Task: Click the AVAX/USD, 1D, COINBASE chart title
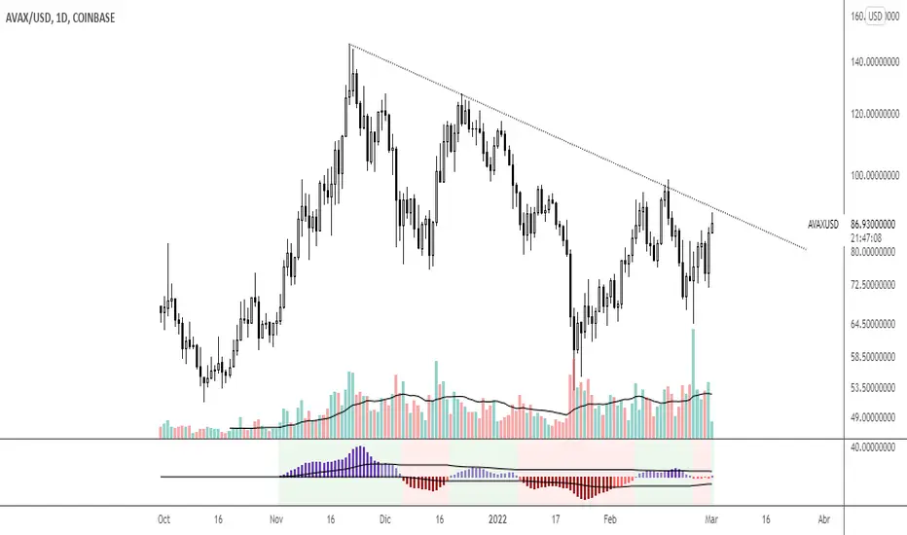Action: pyautogui.click(x=61, y=17)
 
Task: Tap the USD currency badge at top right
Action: pyautogui.click(x=875, y=17)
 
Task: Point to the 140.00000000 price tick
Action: pyautogui.click(x=874, y=62)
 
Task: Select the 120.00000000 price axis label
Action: pyautogui.click(x=874, y=114)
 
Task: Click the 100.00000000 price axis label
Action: pyautogui.click(x=874, y=176)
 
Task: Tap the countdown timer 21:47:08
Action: pyautogui.click(x=865, y=237)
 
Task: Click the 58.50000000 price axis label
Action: pyautogui.click(x=874, y=357)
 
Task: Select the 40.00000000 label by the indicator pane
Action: pyautogui.click(x=874, y=448)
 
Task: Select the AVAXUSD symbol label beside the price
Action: pyautogui.click(x=823, y=225)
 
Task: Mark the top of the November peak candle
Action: pyautogui.click(x=349, y=47)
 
